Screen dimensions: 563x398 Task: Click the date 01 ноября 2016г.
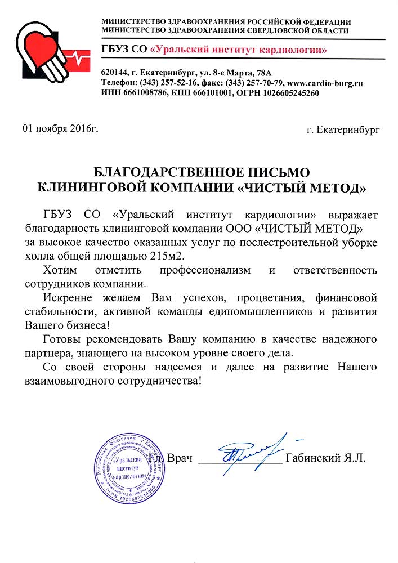point(60,129)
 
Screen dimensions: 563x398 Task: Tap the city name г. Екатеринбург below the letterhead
point(343,129)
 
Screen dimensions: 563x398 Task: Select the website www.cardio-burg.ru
point(325,83)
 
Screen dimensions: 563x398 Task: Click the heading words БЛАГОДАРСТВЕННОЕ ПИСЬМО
point(202,172)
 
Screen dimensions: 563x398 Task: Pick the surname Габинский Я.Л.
point(326,458)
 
